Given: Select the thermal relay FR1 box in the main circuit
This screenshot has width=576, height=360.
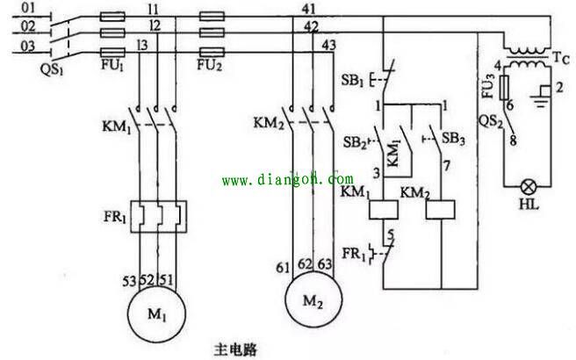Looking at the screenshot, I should click(159, 214).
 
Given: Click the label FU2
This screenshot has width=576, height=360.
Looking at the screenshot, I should click(209, 65).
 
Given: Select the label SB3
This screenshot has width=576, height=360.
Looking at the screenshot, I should click(453, 138).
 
